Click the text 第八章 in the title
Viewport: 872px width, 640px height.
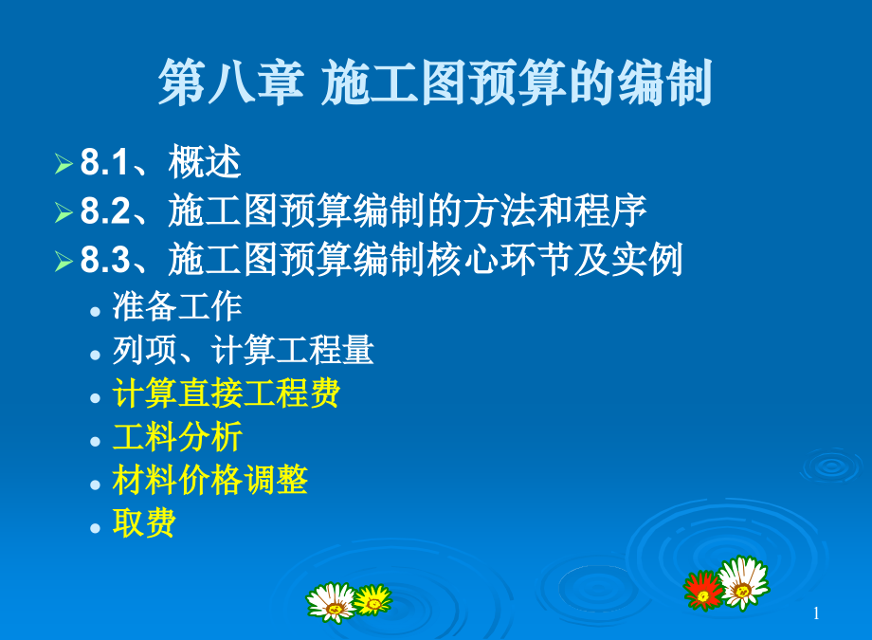pyautogui.click(x=230, y=83)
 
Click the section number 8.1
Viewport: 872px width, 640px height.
pyautogui.click(x=103, y=163)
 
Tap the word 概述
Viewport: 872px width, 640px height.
pyautogui.click(x=205, y=163)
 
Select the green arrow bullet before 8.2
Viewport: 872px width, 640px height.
pyautogui.click(x=64, y=211)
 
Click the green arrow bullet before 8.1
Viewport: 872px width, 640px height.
pyautogui.click(x=64, y=164)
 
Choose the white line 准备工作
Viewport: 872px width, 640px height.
pyautogui.click(x=177, y=306)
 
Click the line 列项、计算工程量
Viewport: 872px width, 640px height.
pyautogui.click(x=243, y=351)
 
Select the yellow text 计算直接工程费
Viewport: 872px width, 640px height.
pyautogui.click(x=226, y=393)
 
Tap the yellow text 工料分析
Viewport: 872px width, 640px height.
pyautogui.click(x=177, y=437)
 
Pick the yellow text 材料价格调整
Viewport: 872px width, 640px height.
pyautogui.click(x=209, y=480)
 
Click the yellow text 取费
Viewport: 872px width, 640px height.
pyautogui.click(x=144, y=523)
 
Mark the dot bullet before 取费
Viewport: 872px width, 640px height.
pyautogui.click(x=95, y=526)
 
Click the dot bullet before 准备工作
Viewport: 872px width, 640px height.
pyautogui.click(x=95, y=309)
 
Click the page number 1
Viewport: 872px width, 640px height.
pyautogui.click(x=816, y=614)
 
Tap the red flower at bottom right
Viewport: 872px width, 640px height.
pyautogui.click(x=703, y=589)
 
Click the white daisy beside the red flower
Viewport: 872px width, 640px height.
pyautogui.click(x=742, y=581)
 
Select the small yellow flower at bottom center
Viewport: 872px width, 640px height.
pyautogui.click(x=372, y=598)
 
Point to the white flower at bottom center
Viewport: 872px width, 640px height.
pyautogui.click(x=331, y=601)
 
